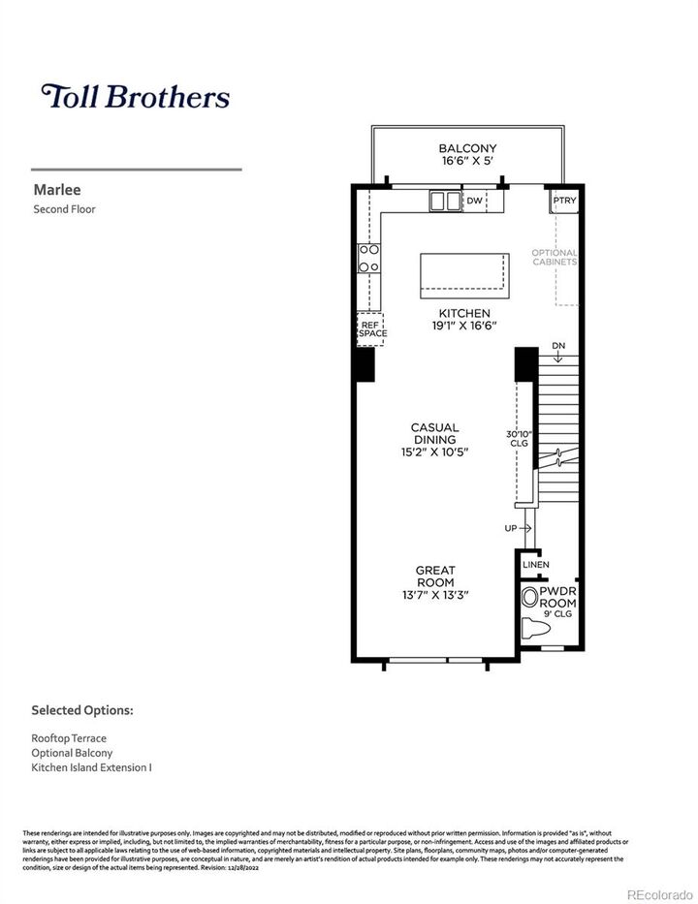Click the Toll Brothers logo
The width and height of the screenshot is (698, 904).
pos(135,97)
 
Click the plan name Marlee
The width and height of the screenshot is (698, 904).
pos(53,191)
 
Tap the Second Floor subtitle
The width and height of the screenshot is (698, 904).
pos(64,209)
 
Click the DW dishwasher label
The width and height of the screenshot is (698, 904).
pos(474,201)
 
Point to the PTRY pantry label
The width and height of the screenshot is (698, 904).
pos(564,202)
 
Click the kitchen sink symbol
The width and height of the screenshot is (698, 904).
pos(446,201)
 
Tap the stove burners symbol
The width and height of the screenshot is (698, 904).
pos(368,258)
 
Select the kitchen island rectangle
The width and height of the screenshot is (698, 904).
pos(463,276)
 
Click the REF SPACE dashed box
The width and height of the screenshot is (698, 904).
pos(371,328)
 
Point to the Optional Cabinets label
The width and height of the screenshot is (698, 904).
pos(555,258)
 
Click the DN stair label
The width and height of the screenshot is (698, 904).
pos(558,346)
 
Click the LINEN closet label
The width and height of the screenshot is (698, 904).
pos(535,564)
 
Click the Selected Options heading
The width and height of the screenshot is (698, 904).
pos(81,710)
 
